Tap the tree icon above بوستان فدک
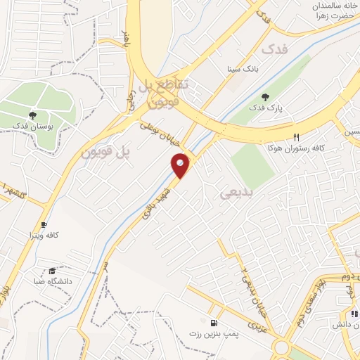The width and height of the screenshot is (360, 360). pyautogui.click(x=32, y=114)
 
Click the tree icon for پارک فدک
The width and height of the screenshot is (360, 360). pyautogui.click(x=264, y=97)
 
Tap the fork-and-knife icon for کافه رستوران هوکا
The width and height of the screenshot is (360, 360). pyautogui.click(x=296, y=137)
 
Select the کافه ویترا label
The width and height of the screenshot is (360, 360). pyautogui.click(x=43, y=234)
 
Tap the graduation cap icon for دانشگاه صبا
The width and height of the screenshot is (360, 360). pyautogui.click(x=52, y=271)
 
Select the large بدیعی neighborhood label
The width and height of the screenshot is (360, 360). pyautogui.click(x=236, y=191)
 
